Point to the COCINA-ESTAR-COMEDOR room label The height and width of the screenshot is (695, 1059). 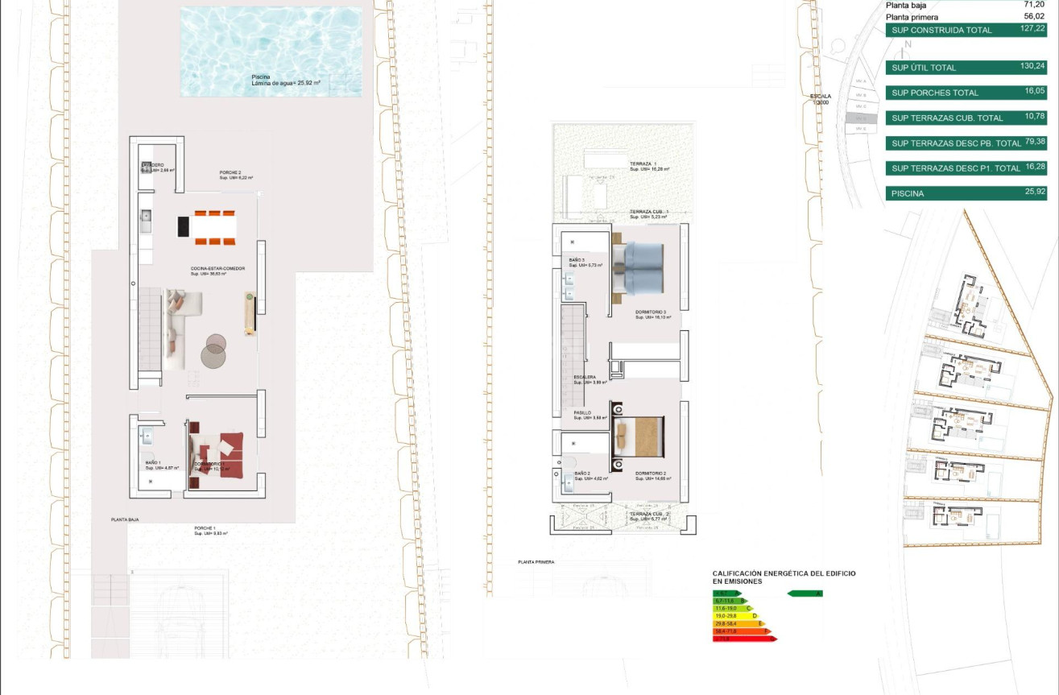pyautogui.click(x=217, y=269)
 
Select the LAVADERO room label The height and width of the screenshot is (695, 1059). pyautogui.click(x=152, y=165)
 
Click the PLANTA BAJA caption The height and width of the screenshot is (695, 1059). pyautogui.click(x=125, y=520)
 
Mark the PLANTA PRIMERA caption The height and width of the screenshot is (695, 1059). pyautogui.click(x=536, y=562)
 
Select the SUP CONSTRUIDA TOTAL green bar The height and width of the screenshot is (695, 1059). pyautogui.click(x=966, y=31)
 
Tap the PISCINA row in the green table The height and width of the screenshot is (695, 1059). pyautogui.click(x=966, y=193)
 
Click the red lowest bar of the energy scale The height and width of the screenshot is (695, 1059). pyautogui.click(x=744, y=639)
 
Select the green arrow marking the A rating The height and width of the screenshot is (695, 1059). pyautogui.click(x=804, y=594)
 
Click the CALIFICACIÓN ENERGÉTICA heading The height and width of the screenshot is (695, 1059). pyautogui.click(x=784, y=577)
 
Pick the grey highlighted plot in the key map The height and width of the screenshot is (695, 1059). pyautogui.click(x=860, y=118)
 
